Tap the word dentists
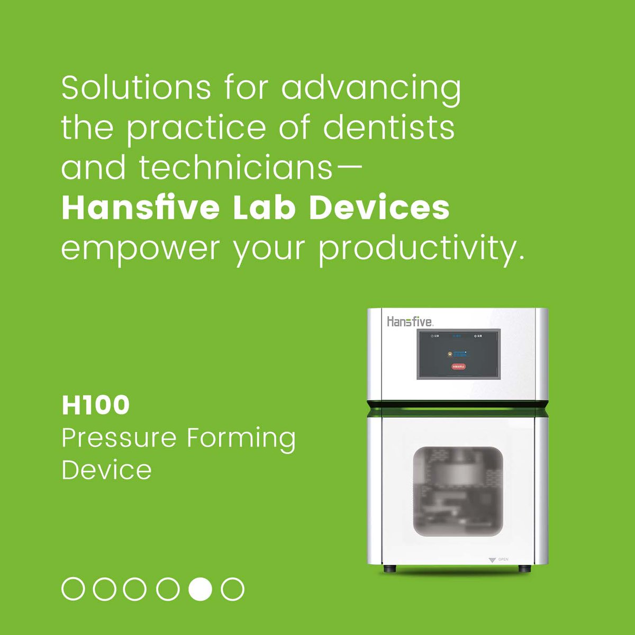tap(388, 128)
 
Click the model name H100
tap(96, 405)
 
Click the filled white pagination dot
tap(201, 589)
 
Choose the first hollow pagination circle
tap(73, 589)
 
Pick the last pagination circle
tap(232, 589)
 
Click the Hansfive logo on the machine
tap(410, 321)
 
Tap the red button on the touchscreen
tap(458, 366)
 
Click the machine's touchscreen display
tap(458, 353)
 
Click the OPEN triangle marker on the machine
tap(493, 559)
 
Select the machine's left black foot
tap(390, 569)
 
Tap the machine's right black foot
tap(524, 569)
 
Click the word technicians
tap(235, 168)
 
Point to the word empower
tap(140, 249)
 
